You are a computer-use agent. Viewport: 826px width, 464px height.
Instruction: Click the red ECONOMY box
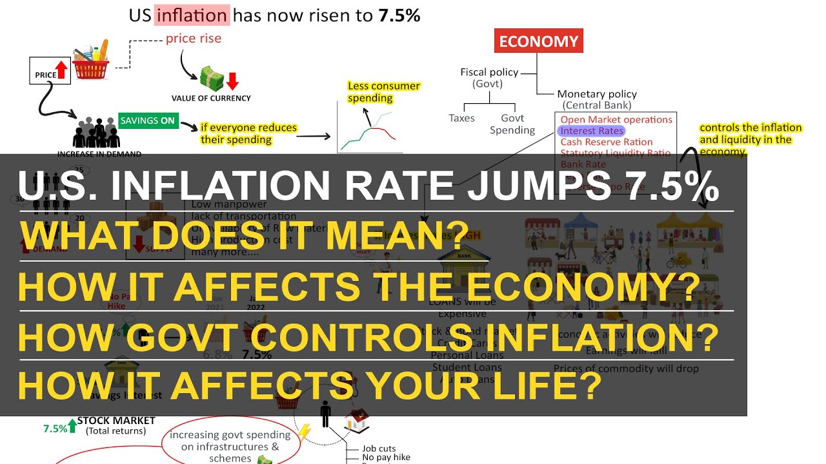pos(539,42)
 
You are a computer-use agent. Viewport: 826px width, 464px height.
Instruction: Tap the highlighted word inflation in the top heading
pos(192,15)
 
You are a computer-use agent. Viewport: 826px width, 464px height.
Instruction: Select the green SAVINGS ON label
pos(148,120)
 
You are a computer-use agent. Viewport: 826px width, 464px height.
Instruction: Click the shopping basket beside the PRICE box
pos(92,61)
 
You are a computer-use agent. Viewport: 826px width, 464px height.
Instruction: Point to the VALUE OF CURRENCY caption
pos(211,99)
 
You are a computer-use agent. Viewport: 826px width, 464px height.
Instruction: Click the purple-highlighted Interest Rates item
pos(592,131)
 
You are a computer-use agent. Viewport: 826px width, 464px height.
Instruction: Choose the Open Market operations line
pos(616,119)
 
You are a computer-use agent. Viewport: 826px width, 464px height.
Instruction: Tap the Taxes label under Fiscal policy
pos(461,118)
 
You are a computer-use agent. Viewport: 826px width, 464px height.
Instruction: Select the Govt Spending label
pos(512,124)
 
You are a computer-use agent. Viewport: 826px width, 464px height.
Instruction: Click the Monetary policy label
pos(597,94)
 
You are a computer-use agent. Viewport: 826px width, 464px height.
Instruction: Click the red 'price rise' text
pos(194,38)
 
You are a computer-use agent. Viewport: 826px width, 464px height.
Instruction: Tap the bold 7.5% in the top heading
pos(399,15)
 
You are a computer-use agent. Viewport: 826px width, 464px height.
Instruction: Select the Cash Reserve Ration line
pos(606,142)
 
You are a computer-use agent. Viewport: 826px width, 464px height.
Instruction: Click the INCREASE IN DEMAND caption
pos(99,154)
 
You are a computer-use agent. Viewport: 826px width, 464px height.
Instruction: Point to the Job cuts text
pos(379,449)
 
